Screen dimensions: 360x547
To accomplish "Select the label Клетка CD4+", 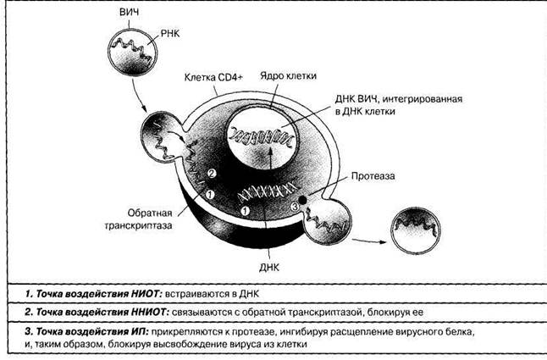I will point(213,78).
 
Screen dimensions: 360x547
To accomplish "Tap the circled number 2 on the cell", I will point(213,174).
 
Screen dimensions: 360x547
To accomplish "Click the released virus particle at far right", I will point(417,226).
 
